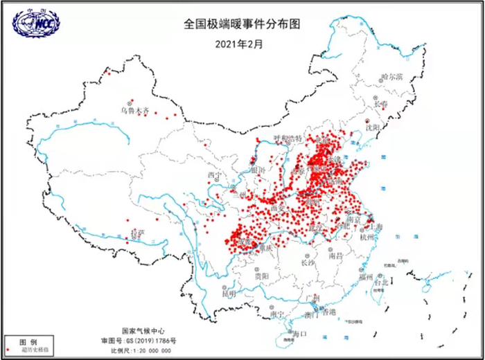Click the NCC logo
pyautogui.click(x=35, y=23)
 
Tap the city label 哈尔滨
pyautogui.click(x=391, y=77)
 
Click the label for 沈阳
pyautogui.click(x=373, y=127)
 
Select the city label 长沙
pyautogui.click(x=308, y=262)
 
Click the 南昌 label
pyautogui.click(x=336, y=255)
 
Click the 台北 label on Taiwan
pyautogui.click(x=382, y=282)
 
